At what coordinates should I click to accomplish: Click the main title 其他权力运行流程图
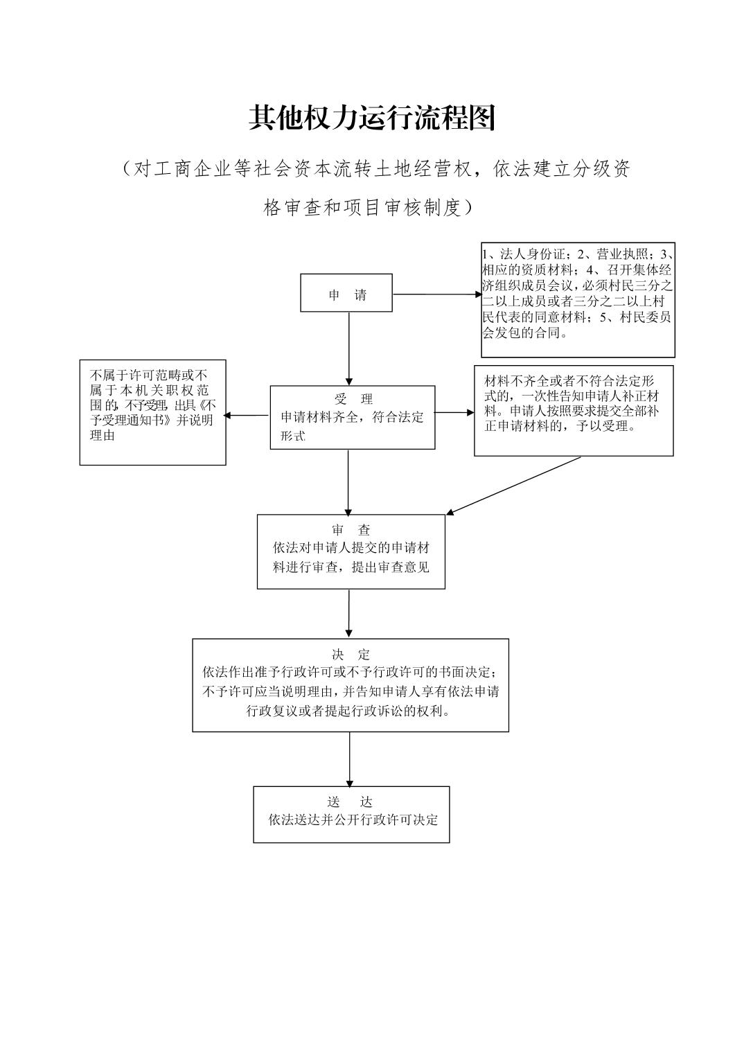pyautogui.click(x=372, y=118)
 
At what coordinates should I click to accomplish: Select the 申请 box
pyautogui.click(x=346, y=293)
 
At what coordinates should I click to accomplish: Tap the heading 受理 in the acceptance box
pyautogui.click(x=353, y=399)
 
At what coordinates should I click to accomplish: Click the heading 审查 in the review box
pyautogui.click(x=351, y=530)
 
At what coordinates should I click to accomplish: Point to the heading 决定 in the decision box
pyautogui.click(x=351, y=655)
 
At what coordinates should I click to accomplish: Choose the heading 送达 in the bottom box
pyautogui.click(x=351, y=802)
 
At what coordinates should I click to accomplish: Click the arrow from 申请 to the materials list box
pyautogui.click(x=436, y=294)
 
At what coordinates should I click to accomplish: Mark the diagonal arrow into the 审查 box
pyautogui.click(x=513, y=485)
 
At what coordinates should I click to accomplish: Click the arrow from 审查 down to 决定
pyautogui.click(x=348, y=613)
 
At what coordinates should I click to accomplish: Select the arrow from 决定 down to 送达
pyautogui.click(x=349, y=759)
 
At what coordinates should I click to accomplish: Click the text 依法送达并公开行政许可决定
pyautogui.click(x=353, y=820)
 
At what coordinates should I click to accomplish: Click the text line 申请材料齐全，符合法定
pyautogui.click(x=352, y=417)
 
